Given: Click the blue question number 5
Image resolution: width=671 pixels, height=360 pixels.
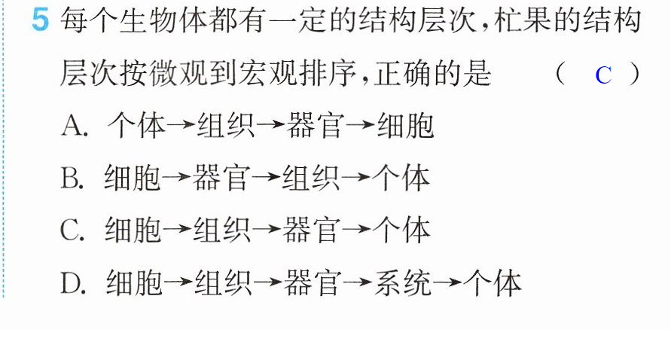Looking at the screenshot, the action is [41, 20].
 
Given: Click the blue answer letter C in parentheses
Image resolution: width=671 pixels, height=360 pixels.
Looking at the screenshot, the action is [603, 75].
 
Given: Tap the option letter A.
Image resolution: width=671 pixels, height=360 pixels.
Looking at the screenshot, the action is [72, 126].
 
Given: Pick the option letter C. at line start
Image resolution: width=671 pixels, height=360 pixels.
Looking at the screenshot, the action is [72, 230].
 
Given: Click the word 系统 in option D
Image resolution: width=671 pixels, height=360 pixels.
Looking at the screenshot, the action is [403, 282].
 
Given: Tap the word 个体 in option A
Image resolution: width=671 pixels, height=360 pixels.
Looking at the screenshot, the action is [136, 126].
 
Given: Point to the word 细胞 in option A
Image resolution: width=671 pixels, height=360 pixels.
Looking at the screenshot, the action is [405, 126].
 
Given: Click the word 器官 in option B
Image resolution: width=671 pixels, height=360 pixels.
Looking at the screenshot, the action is [221, 178].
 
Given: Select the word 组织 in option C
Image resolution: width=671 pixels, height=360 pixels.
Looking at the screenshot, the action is [221, 230].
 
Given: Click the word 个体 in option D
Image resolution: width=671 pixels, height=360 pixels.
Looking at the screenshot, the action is [493, 282].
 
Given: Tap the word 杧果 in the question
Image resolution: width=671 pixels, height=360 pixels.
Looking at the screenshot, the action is [523, 20].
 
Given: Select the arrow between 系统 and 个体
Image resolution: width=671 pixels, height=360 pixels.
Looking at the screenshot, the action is [447, 282].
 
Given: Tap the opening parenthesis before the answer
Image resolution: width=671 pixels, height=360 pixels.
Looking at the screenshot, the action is [560, 74].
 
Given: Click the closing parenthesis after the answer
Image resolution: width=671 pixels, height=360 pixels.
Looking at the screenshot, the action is [635, 74].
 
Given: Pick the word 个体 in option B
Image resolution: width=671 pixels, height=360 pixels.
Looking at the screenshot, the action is [401, 178].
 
